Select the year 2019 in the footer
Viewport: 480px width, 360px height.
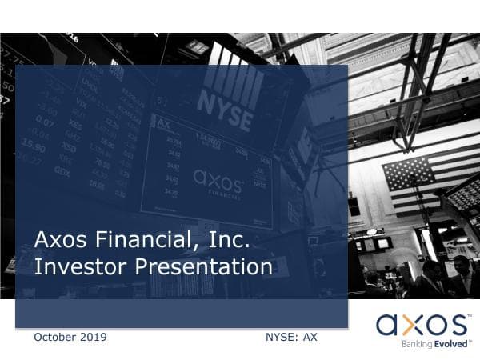tap(94, 337)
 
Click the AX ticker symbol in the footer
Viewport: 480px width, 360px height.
tap(310, 337)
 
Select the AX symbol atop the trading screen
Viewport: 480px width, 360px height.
tap(164, 123)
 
